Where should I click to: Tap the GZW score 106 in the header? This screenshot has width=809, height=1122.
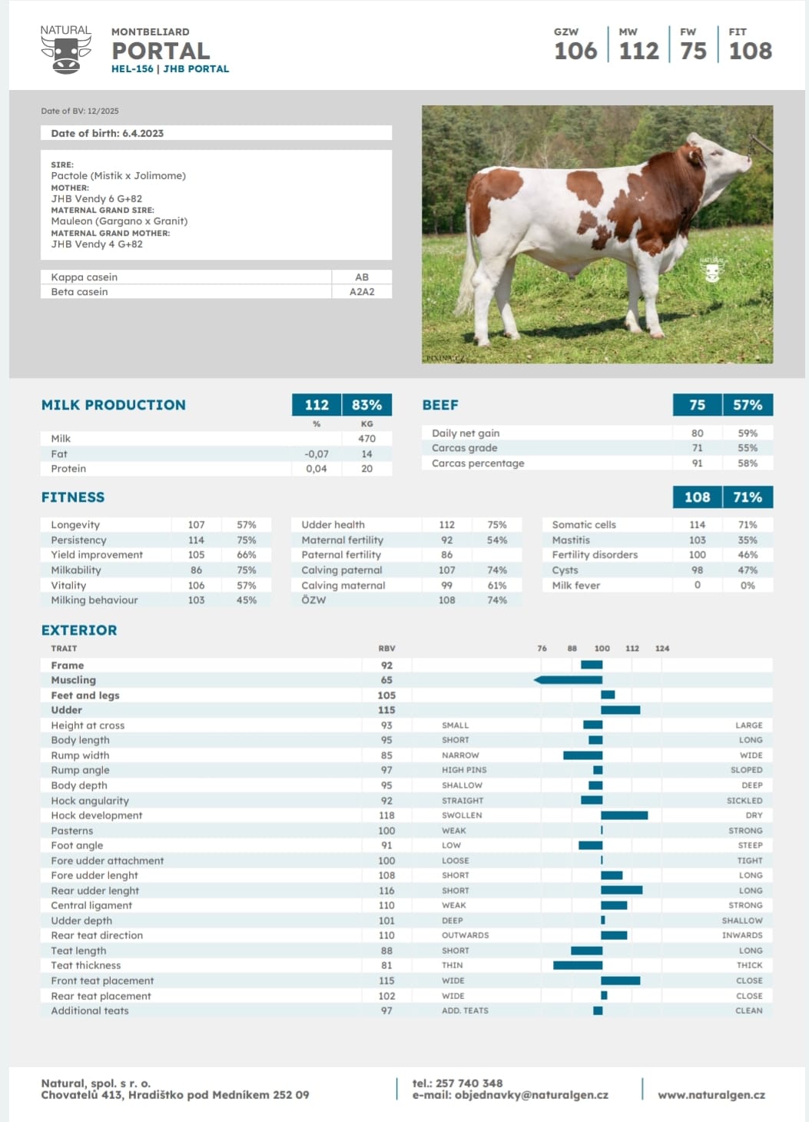coord(575,51)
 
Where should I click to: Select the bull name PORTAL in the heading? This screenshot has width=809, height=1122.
coord(161,51)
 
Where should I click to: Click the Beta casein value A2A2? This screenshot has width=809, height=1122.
coord(361,291)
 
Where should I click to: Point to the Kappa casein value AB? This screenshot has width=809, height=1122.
coord(361,277)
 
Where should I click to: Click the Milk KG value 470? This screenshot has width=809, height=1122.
coord(366,438)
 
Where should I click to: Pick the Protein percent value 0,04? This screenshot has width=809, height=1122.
coord(316,468)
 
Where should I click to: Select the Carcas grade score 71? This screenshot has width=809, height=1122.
coord(697,447)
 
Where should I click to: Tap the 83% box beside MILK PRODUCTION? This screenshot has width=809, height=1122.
coord(367,405)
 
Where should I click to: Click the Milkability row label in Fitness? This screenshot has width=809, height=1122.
coord(75,570)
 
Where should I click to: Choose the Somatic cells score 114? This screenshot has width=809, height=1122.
coord(697,524)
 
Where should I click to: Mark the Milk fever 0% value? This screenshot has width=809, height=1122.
coord(748,585)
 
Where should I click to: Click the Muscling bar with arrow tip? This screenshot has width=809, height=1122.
coord(568,679)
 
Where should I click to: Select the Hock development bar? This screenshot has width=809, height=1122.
coord(625,815)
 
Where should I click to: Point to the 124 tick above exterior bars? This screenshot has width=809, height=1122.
coord(661,648)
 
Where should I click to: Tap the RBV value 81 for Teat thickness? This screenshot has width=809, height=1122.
coord(386,965)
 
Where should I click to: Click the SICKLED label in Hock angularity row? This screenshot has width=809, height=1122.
coord(744,801)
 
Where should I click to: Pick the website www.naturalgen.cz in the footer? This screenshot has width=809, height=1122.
coord(711,1095)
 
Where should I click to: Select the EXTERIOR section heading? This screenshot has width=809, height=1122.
coord(79,630)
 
